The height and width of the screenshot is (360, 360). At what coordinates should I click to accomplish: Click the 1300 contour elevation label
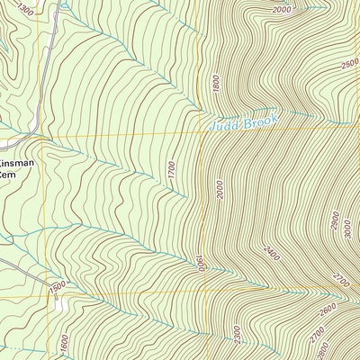[24, 11]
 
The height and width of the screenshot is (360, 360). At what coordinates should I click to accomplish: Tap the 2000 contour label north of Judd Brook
[282, 9]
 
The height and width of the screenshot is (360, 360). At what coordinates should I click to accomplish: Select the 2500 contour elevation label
[349, 65]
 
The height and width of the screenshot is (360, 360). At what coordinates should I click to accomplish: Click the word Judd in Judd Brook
[225, 124]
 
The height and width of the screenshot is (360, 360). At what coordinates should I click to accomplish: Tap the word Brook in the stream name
[263, 118]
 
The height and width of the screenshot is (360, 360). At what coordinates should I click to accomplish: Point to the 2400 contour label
[271, 253]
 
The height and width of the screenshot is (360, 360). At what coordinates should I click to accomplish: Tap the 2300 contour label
[237, 335]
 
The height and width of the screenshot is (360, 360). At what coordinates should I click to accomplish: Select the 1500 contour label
[58, 287]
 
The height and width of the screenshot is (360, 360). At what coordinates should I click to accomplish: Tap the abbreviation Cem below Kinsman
[10, 177]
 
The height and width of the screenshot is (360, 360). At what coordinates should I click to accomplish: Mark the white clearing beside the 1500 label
[59, 304]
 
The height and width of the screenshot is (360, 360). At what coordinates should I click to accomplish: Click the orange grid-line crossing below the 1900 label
[205, 291]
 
